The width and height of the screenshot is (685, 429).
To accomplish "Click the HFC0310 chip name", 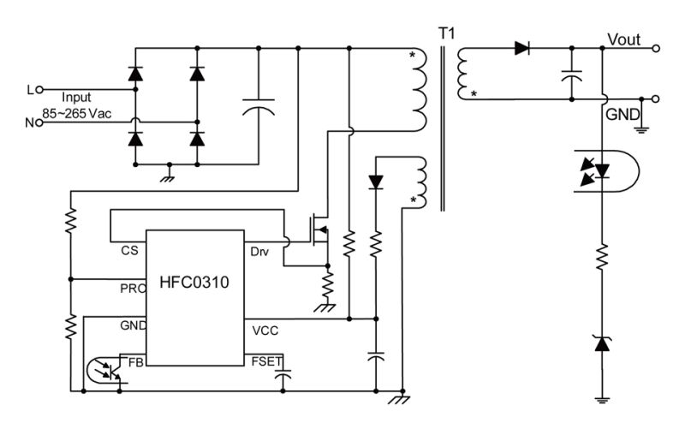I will [194, 282].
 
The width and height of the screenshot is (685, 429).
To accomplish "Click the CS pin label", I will [129, 251].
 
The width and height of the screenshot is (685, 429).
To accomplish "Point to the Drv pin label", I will [259, 251].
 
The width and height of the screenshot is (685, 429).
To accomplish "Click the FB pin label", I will [135, 361].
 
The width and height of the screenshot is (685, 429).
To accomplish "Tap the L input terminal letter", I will [32, 88].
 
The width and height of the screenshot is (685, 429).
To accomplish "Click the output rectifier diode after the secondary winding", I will [521, 49].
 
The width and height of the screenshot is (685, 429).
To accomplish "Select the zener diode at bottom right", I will [601, 344].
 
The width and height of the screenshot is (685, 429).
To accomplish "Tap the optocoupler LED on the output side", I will [602, 170].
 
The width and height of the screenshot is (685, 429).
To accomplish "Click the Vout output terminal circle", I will [656, 49].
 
